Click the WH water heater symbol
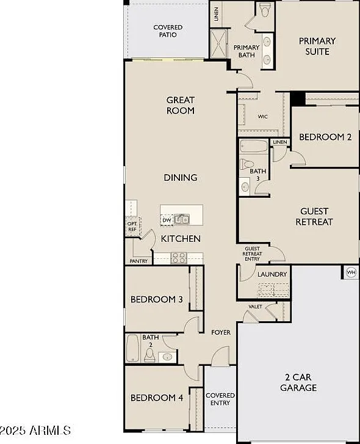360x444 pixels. click(x=351, y=272)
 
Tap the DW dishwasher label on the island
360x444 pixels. click(x=167, y=220)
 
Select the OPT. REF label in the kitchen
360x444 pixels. click(x=132, y=227)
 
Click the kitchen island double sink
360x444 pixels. click(x=182, y=219)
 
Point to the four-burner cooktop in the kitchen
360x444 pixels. click(x=179, y=258)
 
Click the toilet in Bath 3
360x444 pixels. click(x=247, y=164)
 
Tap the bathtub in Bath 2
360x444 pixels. click(x=132, y=348)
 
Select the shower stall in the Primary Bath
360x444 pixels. click(x=218, y=43)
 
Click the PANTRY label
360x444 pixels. click(x=139, y=261)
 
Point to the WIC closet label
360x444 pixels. click(x=262, y=117)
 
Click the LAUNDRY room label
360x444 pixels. click(x=272, y=274)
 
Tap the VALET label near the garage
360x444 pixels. click(x=256, y=307)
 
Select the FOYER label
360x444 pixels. click(x=221, y=332)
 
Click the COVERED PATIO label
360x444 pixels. click(x=168, y=31)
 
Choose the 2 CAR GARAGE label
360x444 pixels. click(x=298, y=382)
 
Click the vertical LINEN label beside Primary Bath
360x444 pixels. click(x=217, y=14)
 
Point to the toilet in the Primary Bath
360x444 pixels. click(x=265, y=10)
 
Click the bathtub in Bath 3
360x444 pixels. click(x=254, y=147)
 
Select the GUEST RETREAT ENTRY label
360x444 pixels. click(x=252, y=253)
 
